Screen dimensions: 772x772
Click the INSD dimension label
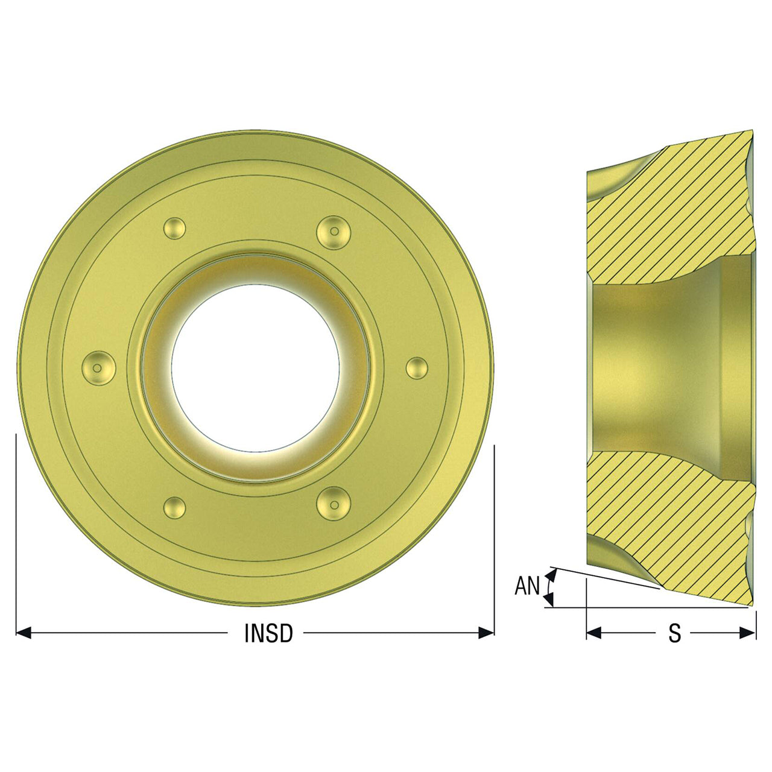(x=268, y=633)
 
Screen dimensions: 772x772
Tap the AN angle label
(x=527, y=586)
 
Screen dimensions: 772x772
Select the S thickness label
(x=675, y=633)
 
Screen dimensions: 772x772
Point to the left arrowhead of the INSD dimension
(x=24, y=633)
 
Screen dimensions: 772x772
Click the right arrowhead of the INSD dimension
(x=486, y=633)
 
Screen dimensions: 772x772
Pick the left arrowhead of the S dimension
(x=593, y=633)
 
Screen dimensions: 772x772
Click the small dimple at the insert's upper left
(x=175, y=229)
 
